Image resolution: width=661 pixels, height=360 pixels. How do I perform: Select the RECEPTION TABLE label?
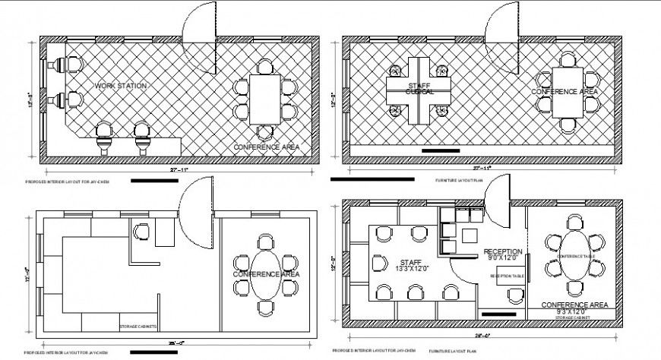click(x=507, y=276)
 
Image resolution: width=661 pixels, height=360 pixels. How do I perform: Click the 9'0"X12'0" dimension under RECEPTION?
click(x=503, y=259)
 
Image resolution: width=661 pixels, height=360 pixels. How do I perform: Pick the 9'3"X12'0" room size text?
click(x=574, y=312)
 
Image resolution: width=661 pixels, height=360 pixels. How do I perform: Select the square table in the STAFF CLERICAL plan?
click(x=568, y=92)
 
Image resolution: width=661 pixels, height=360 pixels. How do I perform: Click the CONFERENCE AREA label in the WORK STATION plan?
click(x=265, y=147)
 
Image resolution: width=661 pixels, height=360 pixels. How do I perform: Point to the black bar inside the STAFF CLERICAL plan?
click(x=440, y=150)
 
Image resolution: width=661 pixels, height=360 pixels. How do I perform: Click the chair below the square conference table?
click(x=568, y=125)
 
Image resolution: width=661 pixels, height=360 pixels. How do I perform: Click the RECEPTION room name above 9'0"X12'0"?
click(x=502, y=251)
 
